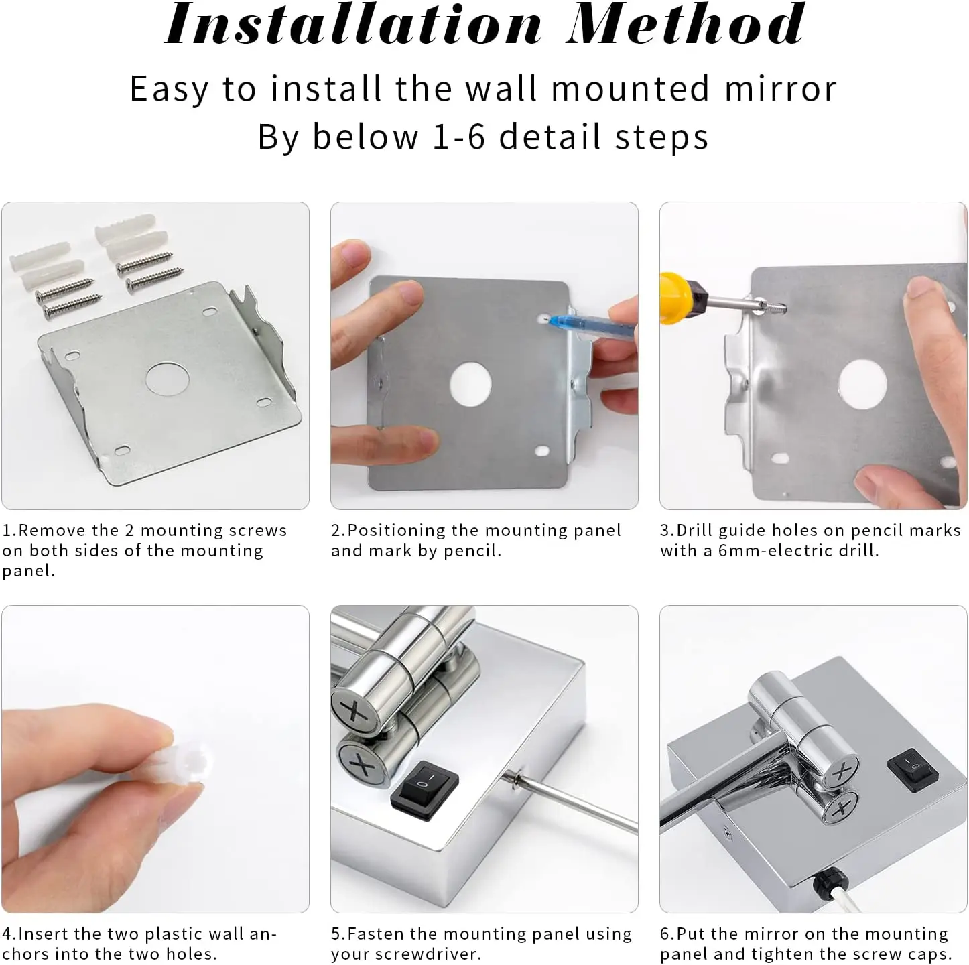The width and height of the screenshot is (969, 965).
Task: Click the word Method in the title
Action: pyautogui.click(x=686, y=23)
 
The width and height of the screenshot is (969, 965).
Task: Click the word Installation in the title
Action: pyautogui.click(x=354, y=23)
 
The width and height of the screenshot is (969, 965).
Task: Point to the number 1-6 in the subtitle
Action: pyautogui.click(x=458, y=137)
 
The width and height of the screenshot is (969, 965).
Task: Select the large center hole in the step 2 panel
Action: pyautogui.click(x=470, y=383)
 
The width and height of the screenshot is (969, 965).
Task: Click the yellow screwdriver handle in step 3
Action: pyautogui.click(x=677, y=299)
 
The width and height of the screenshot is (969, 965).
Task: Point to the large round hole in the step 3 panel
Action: pyautogui.click(x=862, y=384)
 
